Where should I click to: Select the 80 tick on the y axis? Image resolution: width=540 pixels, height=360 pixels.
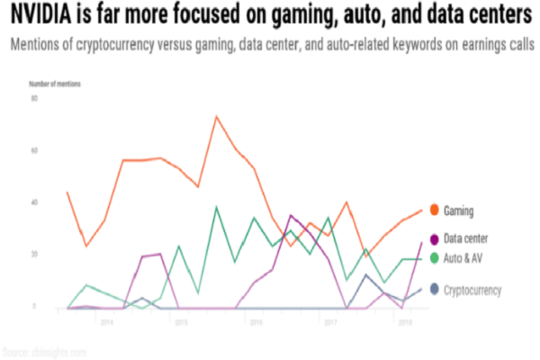pos(35,97)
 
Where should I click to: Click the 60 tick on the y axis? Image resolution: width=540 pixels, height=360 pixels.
pos(35,149)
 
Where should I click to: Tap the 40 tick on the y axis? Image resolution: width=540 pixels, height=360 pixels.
pos(35,202)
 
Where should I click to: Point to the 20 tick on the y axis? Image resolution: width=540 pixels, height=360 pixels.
pos(35,254)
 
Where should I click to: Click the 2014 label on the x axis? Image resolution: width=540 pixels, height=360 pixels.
pos(106,320)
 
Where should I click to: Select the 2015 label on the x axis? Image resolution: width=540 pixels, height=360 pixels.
pos(181,320)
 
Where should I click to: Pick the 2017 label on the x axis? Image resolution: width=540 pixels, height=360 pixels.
pos(329,320)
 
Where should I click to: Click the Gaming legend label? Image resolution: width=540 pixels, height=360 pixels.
pos(459,211)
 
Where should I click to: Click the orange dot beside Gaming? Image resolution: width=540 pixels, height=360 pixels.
pos(434,211)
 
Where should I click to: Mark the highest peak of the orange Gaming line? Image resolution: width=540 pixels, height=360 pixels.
pos(217,116)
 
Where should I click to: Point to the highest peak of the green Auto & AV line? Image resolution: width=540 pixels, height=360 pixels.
pos(217,207)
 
